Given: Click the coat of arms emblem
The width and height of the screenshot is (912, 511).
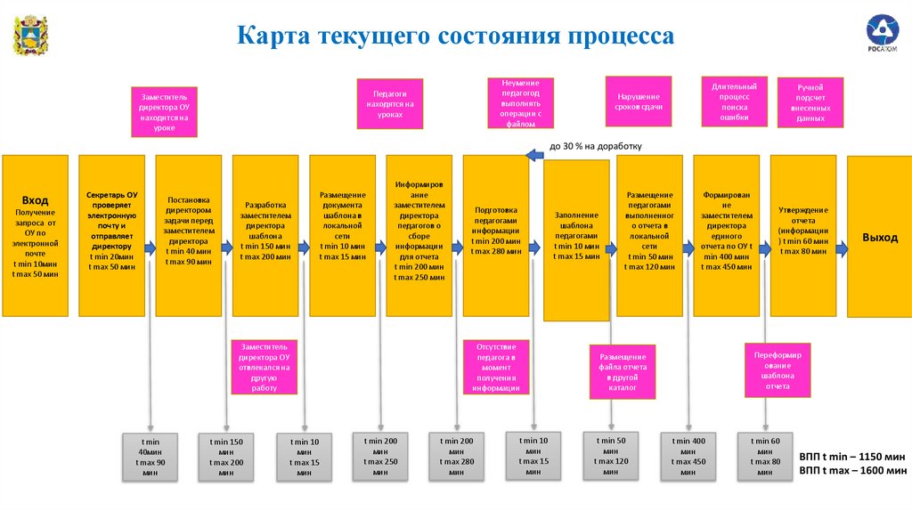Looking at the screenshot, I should point(29,36).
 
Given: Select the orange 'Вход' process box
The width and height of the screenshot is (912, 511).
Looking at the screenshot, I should point(35,236).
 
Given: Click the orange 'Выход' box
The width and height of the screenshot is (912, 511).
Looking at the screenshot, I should point(879,237).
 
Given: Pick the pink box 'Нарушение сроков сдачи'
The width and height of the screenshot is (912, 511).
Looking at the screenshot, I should point(638,101).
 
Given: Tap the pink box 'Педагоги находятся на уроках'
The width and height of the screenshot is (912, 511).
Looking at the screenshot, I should point(389,103).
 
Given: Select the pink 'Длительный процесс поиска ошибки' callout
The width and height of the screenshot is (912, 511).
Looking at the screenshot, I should point(734,103).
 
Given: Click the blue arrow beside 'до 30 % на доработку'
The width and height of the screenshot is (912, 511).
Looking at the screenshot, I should point(535,155).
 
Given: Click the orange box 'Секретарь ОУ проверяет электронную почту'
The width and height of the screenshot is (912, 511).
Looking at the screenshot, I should point(111,236).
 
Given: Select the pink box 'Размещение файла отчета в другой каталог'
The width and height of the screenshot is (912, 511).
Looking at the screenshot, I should point(622,372).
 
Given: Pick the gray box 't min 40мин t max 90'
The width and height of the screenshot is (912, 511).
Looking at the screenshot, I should point(149,457).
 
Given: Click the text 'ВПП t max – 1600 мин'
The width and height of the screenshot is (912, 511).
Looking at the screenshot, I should point(852,470).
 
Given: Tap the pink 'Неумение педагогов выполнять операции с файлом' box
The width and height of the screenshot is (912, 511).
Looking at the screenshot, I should point(520,101).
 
